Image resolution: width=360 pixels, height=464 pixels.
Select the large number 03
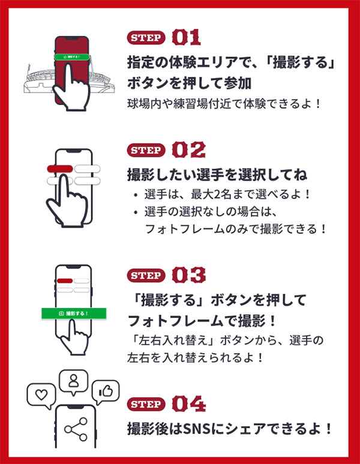tap(188, 276)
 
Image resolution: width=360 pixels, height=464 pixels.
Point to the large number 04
tap(188, 404)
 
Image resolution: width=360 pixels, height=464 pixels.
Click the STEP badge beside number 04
tap(146, 404)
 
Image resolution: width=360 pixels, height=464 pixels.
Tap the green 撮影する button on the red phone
tap(71, 56)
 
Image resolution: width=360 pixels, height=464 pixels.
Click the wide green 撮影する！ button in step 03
tap(74, 313)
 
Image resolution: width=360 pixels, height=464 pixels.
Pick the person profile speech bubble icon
tap(74, 380)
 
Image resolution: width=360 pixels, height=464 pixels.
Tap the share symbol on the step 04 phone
tap(76, 429)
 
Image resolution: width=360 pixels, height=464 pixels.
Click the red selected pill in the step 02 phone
tap(60, 169)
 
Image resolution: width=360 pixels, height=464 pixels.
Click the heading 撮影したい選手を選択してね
tap(217, 175)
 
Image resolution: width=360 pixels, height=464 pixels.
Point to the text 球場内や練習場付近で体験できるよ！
tap(224, 103)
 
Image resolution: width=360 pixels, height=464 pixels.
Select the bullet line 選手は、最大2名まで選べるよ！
tap(227, 195)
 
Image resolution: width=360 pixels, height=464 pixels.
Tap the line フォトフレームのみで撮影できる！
tap(236, 229)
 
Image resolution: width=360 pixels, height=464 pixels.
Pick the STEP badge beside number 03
tap(146, 276)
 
